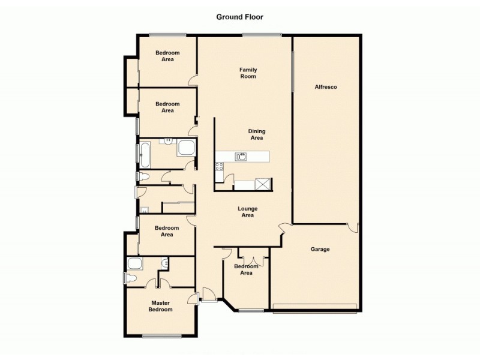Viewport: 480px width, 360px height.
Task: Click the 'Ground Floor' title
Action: (240, 17)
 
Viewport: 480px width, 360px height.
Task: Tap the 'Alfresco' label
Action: (326, 87)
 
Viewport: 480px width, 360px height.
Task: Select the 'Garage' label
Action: (320, 249)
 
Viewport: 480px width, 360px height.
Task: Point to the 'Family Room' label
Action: (248, 73)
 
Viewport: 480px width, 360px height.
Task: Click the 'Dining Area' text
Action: (257, 134)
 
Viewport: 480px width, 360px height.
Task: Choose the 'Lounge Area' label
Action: (248, 212)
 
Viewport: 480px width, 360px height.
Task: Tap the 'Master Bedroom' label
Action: (161, 306)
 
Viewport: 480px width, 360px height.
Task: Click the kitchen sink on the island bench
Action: (241, 157)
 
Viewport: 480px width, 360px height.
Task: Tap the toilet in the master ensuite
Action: (129, 277)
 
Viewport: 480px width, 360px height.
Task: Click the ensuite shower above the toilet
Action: (135, 263)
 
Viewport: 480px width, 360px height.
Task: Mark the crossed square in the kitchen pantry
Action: (263, 184)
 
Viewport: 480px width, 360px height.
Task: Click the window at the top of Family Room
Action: (262, 35)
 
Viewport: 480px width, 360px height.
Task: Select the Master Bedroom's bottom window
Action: (161, 336)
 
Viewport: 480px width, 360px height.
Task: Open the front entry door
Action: (209, 295)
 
